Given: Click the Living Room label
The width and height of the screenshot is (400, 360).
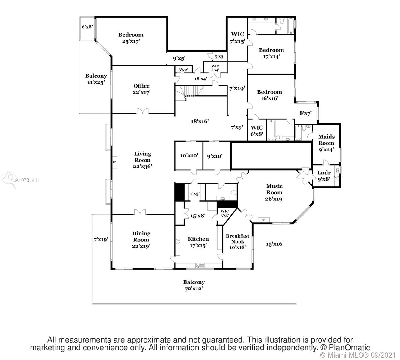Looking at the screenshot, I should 142,157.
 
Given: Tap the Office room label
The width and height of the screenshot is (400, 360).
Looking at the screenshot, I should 141,86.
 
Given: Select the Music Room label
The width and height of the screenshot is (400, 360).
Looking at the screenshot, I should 274,189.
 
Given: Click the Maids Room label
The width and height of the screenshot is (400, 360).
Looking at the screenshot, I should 326,140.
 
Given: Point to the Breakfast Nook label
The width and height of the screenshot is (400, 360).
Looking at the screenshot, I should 237,239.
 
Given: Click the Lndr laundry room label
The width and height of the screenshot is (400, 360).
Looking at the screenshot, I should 324,173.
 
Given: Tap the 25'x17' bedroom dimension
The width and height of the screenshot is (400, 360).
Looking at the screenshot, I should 131,41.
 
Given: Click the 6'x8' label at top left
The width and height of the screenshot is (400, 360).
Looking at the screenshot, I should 87,26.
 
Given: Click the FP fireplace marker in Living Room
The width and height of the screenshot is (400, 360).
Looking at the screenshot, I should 114,162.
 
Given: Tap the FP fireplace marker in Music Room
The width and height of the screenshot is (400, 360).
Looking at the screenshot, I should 263,220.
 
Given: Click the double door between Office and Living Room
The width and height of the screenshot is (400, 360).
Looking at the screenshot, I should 143,111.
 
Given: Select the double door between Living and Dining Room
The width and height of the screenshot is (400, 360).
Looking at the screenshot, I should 140,212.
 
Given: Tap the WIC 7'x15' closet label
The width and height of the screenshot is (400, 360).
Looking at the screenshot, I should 237,38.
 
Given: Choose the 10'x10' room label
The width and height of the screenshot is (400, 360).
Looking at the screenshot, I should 189,155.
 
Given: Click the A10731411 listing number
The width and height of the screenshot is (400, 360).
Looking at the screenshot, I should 27,180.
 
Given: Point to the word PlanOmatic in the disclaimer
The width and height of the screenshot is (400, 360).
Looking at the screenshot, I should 349,348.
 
